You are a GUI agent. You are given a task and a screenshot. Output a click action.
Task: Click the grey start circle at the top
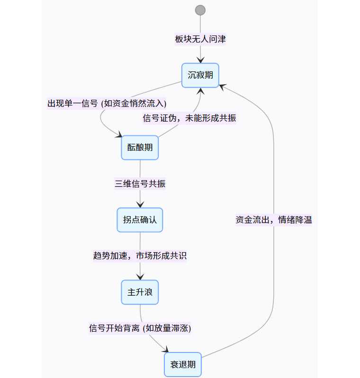200,10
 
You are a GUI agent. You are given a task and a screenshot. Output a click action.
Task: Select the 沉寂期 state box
200,75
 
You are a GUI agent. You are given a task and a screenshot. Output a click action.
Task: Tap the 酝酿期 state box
140,148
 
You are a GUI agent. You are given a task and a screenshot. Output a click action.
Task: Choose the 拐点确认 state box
140,220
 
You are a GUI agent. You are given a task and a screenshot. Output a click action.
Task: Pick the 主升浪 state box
140,292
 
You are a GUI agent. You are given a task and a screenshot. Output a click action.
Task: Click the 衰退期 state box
183,365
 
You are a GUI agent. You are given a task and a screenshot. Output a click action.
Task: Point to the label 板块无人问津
200,39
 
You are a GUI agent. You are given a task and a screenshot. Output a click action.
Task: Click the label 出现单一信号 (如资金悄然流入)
107,104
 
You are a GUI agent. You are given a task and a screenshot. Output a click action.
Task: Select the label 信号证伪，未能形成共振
189,118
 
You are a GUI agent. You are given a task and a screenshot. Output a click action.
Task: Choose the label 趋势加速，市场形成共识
140,256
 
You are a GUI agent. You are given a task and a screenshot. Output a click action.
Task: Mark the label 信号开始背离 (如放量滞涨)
140,328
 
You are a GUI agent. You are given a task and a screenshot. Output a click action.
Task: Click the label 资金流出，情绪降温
273,220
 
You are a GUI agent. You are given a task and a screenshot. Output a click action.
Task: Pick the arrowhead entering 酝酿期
119,136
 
